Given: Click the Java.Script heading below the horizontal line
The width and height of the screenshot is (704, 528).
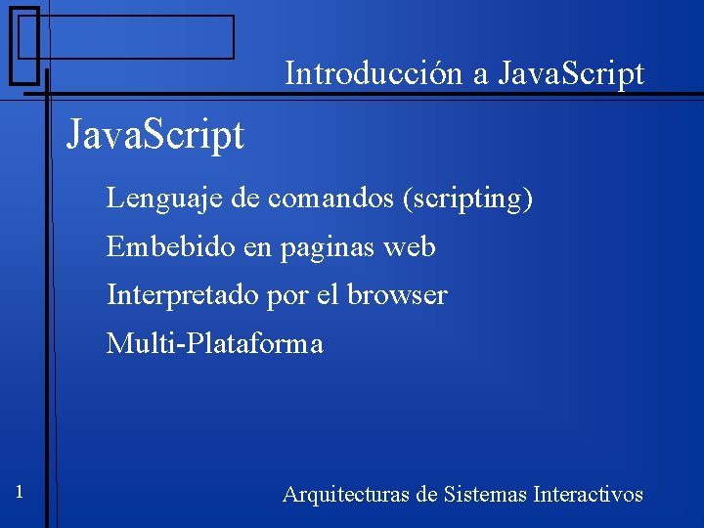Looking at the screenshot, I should pyautogui.click(x=154, y=135).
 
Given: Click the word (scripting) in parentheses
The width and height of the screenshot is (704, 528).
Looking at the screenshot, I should pyautogui.click(x=467, y=199).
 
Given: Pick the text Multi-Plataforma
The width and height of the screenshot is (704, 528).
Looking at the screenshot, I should pyautogui.click(x=214, y=344).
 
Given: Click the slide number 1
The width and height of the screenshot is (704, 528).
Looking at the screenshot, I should pyautogui.click(x=21, y=492).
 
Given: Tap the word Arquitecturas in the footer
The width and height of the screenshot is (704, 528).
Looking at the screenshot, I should pyautogui.click(x=346, y=495).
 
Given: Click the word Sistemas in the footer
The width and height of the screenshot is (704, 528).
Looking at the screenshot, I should pyautogui.click(x=485, y=495).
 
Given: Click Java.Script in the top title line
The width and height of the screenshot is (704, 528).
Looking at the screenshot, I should pyautogui.click(x=571, y=73).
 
